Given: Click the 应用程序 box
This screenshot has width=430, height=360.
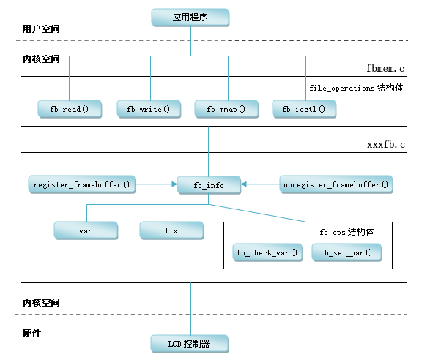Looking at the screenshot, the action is click(190, 18).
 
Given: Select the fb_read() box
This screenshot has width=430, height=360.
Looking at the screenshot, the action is click(70, 109).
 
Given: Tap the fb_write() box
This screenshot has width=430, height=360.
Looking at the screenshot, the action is click(149, 109).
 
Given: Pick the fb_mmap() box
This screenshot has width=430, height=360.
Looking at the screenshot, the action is click(226, 109).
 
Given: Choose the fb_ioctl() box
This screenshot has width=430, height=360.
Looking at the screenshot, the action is click(304, 109).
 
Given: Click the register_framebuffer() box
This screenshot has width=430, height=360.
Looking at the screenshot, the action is click(82, 184).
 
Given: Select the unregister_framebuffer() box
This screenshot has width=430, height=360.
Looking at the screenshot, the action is click(336, 184).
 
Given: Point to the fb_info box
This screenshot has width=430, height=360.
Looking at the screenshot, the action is click(209, 185).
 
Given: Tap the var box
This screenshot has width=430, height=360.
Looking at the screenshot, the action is click(86, 230).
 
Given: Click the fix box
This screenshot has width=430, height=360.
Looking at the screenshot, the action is click(171, 230).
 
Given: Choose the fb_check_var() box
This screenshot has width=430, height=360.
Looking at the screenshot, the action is click(267, 252).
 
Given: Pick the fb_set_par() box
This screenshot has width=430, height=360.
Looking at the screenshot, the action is click(346, 252).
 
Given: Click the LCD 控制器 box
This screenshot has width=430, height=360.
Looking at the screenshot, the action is click(190, 344).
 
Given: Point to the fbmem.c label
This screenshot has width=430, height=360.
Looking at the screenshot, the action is click(385, 68).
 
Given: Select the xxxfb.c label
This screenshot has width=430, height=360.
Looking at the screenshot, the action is click(386, 144).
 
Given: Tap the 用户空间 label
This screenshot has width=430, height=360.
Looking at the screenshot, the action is click(41, 29).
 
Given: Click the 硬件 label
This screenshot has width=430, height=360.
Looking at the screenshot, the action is click(31, 333).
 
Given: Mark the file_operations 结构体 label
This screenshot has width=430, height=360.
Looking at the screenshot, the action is click(356, 88).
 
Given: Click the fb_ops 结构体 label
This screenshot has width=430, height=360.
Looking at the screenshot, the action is click(346, 232).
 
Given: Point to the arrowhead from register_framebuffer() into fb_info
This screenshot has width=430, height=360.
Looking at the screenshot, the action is click(174, 184).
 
